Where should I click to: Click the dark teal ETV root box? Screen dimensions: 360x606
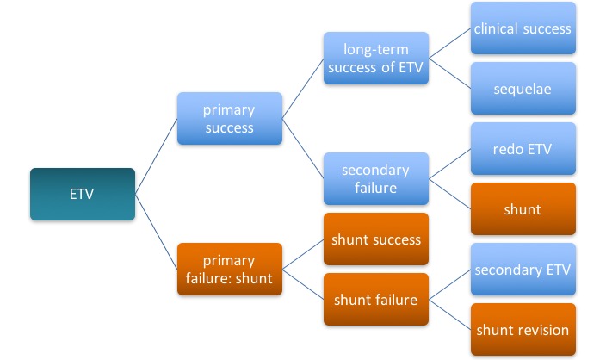pos(82,194)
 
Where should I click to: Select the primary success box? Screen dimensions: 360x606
pos(229,119)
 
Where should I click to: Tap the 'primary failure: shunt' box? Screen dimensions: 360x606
pos(229,269)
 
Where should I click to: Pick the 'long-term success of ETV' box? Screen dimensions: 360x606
pos(376,58)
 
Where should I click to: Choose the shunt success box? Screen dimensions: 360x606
pos(376,239)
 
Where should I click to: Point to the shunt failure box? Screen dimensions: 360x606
pos(376,299)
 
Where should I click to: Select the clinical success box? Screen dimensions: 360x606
pos(523,28)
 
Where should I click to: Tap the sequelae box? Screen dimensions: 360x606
pos(523,88)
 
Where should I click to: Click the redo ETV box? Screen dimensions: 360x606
pos(523,149)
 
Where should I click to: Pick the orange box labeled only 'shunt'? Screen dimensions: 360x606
pos(523,208)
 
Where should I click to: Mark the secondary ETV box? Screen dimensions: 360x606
pos(523,269)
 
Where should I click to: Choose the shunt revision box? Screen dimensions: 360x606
pos(523,329)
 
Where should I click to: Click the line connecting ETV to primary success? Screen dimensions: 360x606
pos(156,157)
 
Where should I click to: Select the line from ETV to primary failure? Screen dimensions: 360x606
pos(156,231)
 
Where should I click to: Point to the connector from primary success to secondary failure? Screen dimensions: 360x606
pos(303,149)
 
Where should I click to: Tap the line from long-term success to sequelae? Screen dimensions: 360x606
pos(450,73)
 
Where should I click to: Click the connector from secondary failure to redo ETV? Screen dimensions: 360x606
pos(450,164)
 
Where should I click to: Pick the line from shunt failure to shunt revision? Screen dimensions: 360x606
pos(450,313)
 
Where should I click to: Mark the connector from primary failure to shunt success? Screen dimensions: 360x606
pos(303,254)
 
